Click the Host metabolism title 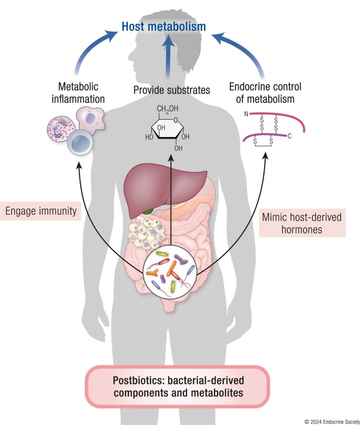(163, 26)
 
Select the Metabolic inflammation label (78, 93)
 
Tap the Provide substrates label (172, 90)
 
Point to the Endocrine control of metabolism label (265, 93)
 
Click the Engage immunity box (41, 211)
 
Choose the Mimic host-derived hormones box (302, 223)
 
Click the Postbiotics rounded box (178, 387)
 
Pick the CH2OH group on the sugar (168, 109)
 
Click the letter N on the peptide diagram (246, 114)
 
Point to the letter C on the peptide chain (289, 136)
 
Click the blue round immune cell (80, 142)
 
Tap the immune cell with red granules (61, 129)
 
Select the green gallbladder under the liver (149, 211)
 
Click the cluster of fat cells (147, 233)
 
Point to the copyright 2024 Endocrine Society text (332, 422)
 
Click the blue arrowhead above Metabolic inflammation (110, 34)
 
